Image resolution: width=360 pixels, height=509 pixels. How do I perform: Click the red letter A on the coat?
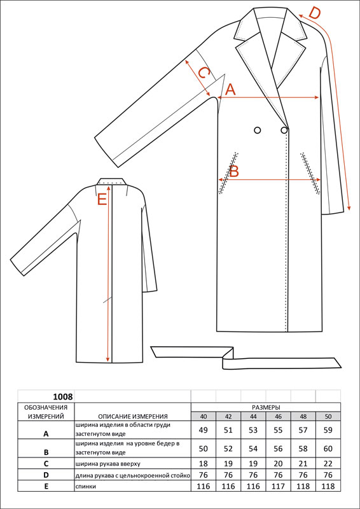(x=230, y=89)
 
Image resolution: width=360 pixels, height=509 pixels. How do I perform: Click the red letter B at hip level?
(x=234, y=171)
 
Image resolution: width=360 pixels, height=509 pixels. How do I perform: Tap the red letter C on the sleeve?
(x=202, y=73)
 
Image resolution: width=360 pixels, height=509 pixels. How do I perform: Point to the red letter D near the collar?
(x=314, y=13)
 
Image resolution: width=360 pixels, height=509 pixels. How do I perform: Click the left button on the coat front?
(x=258, y=130)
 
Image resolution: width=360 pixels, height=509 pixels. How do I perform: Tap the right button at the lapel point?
(x=284, y=130)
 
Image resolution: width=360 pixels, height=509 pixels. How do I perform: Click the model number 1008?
(x=63, y=396)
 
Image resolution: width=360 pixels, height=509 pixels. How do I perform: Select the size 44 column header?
(x=253, y=417)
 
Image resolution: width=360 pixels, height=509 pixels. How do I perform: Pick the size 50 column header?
(x=328, y=417)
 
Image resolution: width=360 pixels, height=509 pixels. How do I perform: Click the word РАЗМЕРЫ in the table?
(x=266, y=407)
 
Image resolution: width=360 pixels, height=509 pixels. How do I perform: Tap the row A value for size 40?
(x=203, y=430)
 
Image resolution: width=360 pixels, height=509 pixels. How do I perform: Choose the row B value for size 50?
(x=328, y=449)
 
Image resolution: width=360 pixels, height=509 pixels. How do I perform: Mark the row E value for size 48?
(x=303, y=486)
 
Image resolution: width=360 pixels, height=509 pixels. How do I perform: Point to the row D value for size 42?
(x=228, y=475)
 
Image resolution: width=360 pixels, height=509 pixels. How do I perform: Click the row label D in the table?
(x=46, y=475)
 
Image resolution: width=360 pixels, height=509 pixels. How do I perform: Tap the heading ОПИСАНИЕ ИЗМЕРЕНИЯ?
(x=133, y=417)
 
